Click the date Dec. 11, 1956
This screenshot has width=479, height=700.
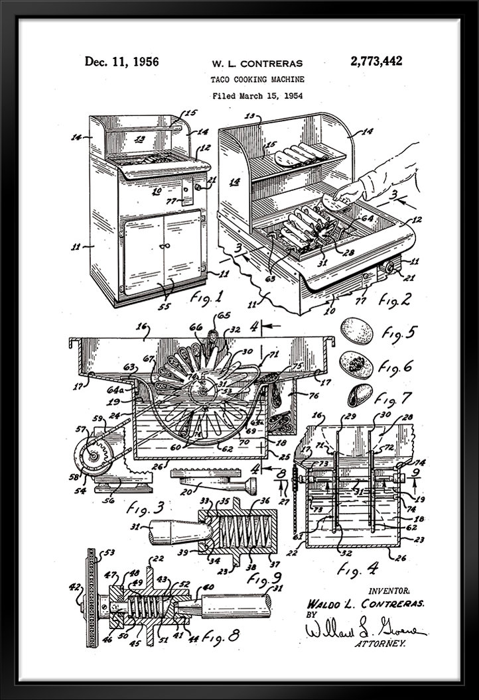click(x=121, y=62)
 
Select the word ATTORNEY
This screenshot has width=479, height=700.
click(x=381, y=642)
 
